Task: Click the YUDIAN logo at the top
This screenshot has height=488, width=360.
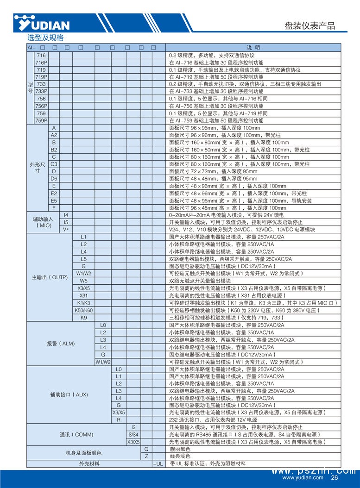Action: [x=42, y=23]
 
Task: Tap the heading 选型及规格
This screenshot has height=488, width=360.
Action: [x=45, y=38]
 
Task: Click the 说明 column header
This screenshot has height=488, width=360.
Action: [x=253, y=47]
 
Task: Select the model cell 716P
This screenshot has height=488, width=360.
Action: [x=41, y=62]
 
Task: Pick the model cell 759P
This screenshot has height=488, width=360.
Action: [x=41, y=120]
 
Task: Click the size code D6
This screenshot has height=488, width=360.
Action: [x=54, y=178]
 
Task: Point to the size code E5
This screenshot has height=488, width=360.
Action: [x=54, y=200]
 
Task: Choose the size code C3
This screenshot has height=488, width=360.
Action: [x=54, y=164]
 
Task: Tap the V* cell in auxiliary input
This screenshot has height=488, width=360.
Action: [x=66, y=230]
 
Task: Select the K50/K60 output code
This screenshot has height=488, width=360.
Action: [x=84, y=310]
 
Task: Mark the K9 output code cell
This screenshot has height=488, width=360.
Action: [x=84, y=318]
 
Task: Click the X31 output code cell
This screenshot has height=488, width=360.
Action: [x=84, y=295]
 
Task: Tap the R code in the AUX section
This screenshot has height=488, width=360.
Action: [x=119, y=419]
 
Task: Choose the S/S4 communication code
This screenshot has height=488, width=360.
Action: [x=133, y=434]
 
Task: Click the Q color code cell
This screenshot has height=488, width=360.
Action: [x=146, y=449]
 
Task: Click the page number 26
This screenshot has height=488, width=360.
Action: [x=335, y=478]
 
